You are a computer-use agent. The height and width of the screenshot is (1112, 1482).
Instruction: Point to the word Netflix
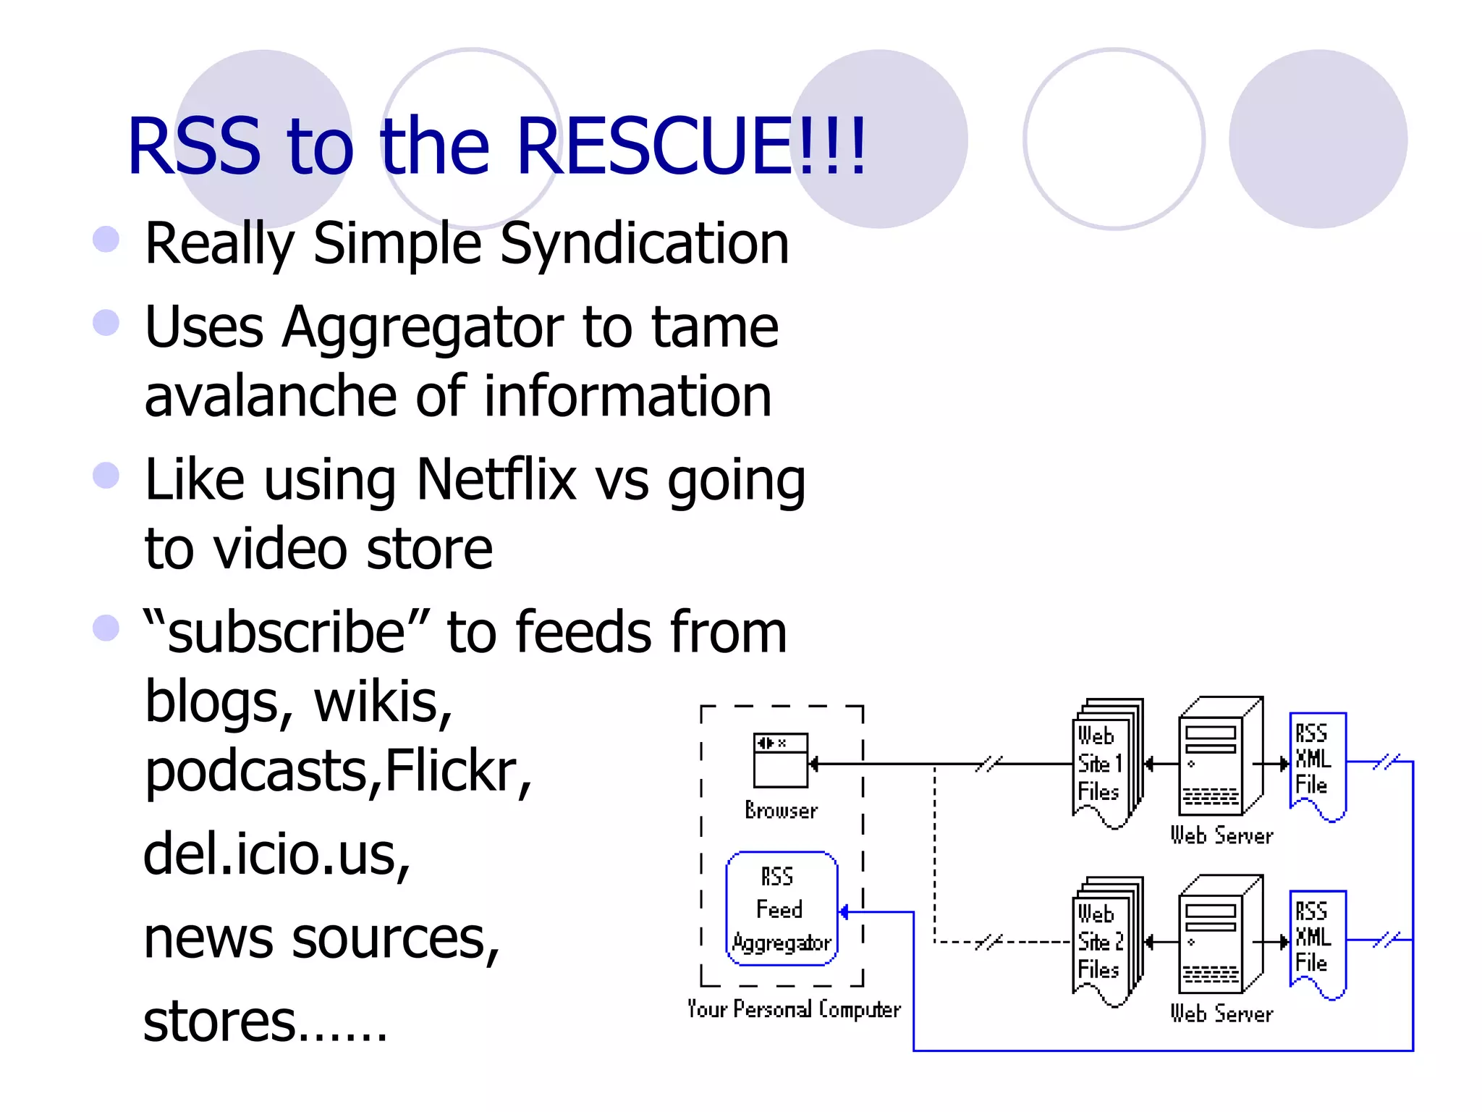click(x=496, y=479)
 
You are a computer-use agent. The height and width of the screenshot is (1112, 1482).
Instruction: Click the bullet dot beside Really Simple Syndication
click(x=106, y=240)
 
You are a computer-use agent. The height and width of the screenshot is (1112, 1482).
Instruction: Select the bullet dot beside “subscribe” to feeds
click(x=106, y=628)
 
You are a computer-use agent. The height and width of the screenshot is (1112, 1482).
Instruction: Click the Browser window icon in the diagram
click(x=780, y=760)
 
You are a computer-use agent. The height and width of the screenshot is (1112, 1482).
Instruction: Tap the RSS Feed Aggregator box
click(x=782, y=909)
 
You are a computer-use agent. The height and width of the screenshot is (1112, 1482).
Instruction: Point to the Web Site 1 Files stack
click(x=1105, y=764)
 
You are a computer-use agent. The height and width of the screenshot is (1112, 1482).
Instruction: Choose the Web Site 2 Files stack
click(x=1105, y=941)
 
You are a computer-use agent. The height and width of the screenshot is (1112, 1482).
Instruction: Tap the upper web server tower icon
click(x=1219, y=757)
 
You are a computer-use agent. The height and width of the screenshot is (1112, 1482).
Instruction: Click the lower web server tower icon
click(x=1219, y=935)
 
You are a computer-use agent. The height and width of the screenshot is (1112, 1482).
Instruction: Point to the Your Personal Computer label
click(x=794, y=1008)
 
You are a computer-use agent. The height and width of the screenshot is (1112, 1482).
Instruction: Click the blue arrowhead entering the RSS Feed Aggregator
click(x=843, y=912)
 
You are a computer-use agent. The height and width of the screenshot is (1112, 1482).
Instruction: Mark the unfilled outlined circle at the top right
click(x=1114, y=139)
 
